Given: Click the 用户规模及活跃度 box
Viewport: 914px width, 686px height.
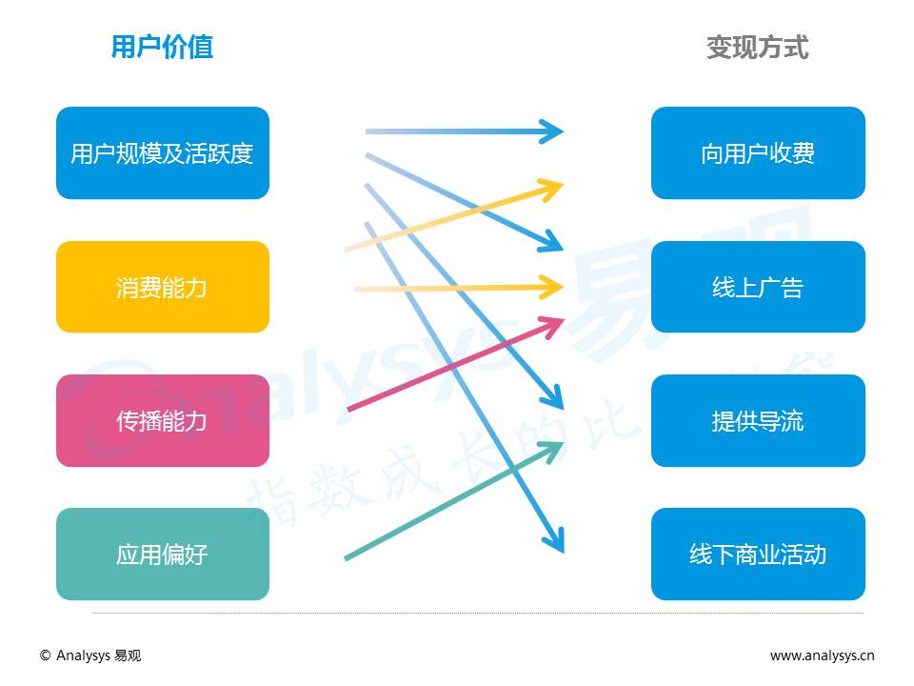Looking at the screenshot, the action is (x=162, y=153).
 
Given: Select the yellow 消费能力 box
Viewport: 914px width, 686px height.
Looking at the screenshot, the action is (x=162, y=287).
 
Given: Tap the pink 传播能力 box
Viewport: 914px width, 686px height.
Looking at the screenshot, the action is (x=162, y=420).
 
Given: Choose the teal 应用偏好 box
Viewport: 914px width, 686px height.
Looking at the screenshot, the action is (x=162, y=554).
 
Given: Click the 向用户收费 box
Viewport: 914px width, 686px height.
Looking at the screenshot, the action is (x=758, y=153).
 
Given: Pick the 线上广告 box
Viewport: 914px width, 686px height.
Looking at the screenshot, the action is (x=758, y=287).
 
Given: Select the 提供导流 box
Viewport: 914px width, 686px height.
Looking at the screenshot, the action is (x=758, y=420).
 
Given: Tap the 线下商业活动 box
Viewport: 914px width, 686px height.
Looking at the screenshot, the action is (x=758, y=554).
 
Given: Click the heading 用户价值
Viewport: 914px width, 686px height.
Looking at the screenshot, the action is (x=162, y=47).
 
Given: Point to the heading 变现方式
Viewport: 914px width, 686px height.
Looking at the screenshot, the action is (x=757, y=47).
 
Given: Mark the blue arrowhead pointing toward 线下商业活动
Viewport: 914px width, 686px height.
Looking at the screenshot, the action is (x=554, y=539).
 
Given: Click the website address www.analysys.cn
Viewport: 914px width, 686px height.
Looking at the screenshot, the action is (x=822, y=656).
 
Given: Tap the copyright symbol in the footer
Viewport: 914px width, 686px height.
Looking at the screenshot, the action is (x=45, y=656).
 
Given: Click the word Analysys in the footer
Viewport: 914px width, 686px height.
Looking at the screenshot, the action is (x=83, y=656).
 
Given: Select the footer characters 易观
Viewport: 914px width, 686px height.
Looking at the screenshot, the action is (x=128, y=656).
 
